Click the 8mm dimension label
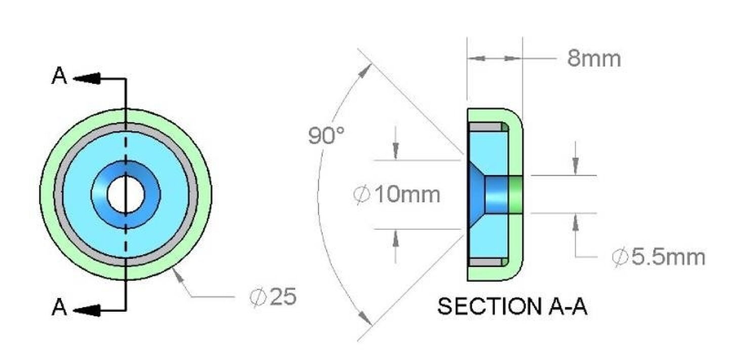coord(594,59)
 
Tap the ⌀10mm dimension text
coord(397,194)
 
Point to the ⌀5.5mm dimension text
coord(658,257)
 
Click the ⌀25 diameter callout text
coord(273,297)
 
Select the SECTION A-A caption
coord(512,306)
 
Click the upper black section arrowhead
coord(87,78)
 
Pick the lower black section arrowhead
coord(87,310)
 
